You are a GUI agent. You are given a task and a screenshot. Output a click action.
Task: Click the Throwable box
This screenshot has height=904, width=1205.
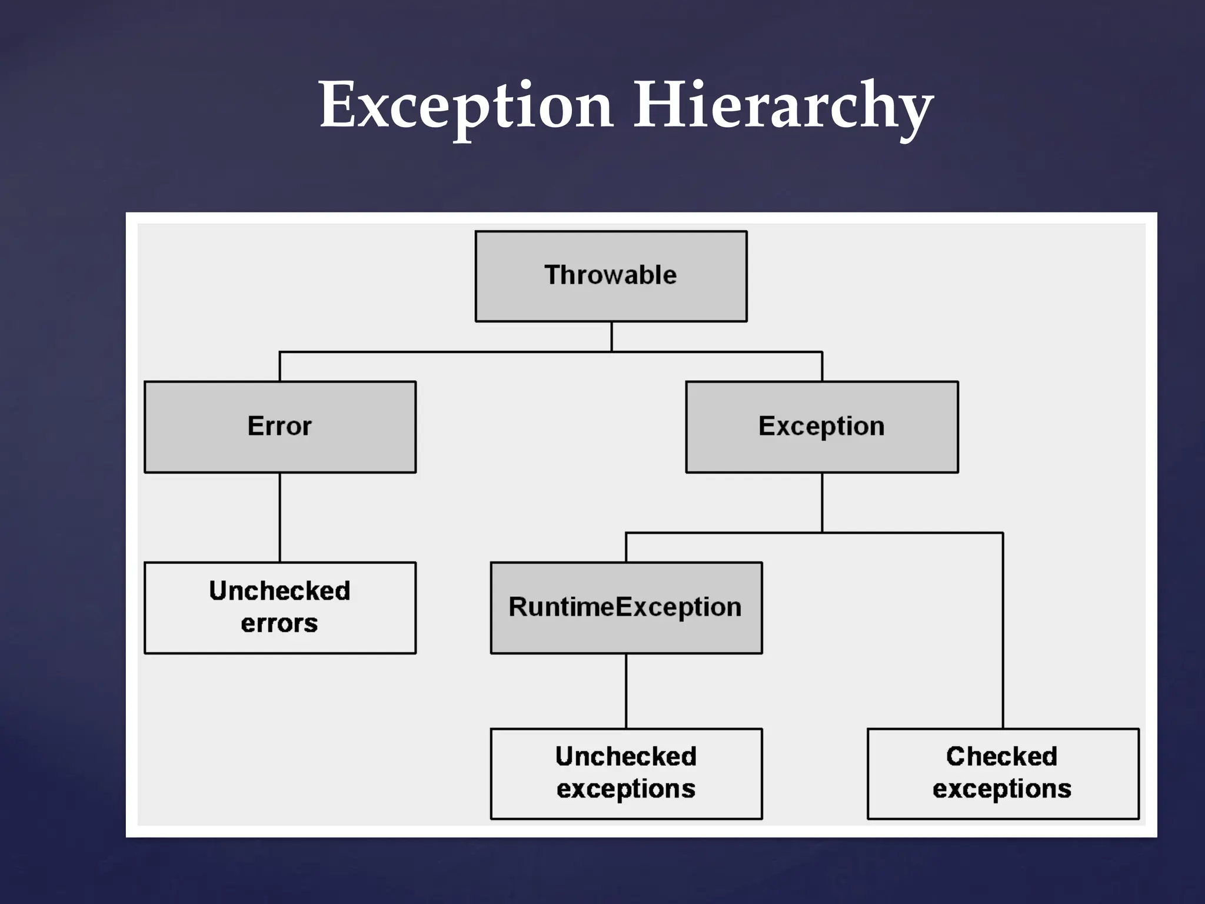[x=611, y=276]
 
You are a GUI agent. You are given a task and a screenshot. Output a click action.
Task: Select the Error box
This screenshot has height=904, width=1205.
[x=280, y=427]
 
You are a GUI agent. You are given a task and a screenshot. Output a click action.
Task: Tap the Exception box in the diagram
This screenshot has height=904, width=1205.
[x=821, y=427]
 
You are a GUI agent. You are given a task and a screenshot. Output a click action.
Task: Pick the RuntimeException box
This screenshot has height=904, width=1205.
[x=626, y=607]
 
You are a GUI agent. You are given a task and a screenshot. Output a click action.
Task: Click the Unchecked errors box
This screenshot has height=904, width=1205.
[x=280, y=607]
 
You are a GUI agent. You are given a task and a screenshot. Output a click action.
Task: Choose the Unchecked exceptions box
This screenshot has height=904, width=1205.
[x=626, y=773]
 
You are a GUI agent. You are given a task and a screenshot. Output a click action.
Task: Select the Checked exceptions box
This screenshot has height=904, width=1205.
[x=1003, y=773]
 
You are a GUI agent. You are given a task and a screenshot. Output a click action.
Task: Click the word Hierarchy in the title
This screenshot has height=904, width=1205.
[x=783, y=106]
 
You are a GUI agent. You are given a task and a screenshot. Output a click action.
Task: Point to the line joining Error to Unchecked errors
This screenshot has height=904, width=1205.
[x=280, y=517]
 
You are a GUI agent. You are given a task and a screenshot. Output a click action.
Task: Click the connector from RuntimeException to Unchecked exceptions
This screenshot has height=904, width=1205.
[x=626, y=691]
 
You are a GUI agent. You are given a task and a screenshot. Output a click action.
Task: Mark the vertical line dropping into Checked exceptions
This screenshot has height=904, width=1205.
[x=1003, y=630]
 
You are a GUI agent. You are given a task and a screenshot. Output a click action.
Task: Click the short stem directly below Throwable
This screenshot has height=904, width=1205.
[x=611, y=337]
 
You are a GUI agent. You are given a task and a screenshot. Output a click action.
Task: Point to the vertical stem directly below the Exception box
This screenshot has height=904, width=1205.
[x=822, y=503]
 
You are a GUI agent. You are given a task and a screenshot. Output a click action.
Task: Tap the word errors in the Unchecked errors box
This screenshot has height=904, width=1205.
[x=279, y=623]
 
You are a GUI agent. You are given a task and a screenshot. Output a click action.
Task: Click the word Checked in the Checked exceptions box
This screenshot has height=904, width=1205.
[x=1001, y=757]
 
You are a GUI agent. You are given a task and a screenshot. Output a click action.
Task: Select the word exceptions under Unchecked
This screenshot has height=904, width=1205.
[x=626, y=789]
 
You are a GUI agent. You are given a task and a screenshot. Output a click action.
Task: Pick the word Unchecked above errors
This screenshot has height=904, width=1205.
[x=279, y=591]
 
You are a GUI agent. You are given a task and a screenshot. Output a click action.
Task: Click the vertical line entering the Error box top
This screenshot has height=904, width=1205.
[x=280, y=367]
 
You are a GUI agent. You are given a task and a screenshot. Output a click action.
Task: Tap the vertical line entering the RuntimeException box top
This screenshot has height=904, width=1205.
[x=626, y=547]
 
